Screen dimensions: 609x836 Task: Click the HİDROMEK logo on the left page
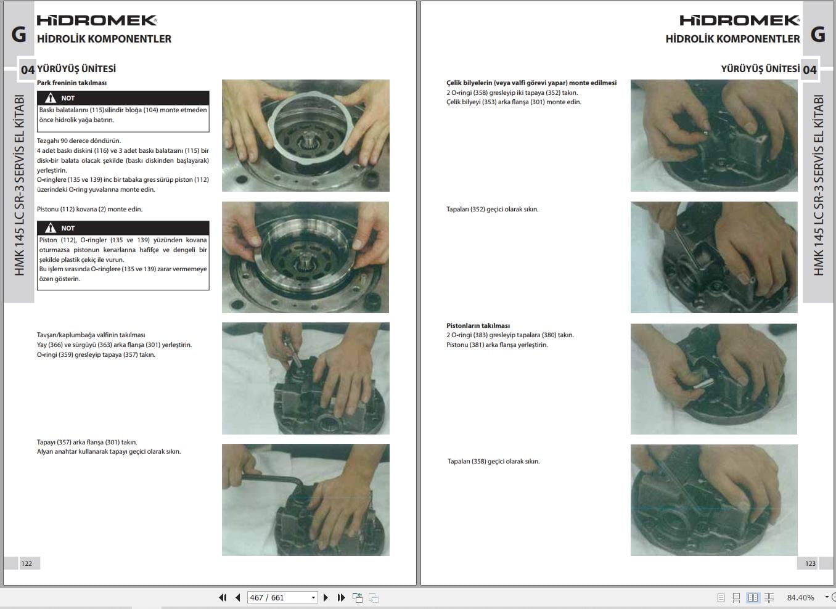[97, 20]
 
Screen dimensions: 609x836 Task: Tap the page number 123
[810, 563]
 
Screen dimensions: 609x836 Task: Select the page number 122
[27, 563]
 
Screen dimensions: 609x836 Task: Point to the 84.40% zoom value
[800, 597]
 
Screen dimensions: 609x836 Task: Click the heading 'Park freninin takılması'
[72, 83]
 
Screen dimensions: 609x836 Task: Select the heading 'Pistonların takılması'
[478, 325]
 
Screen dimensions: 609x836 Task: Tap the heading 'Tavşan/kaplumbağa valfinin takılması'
[91, 335]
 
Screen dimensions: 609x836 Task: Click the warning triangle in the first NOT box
[51, 98]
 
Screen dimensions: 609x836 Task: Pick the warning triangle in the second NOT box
[51, 228]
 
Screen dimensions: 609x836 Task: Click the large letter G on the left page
[19, 35]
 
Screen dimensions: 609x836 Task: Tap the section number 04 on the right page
[809, 70]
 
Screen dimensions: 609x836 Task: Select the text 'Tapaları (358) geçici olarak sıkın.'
[493, 461]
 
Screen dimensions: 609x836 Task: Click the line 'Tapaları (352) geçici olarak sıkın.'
[492, 209]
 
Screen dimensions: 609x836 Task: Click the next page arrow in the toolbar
[326, 597]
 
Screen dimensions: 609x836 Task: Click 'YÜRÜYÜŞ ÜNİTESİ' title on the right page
[760, 69]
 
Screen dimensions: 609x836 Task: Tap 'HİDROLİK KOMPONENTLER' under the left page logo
[104, 39]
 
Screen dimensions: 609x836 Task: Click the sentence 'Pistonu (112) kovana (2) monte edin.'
[89, 209]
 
